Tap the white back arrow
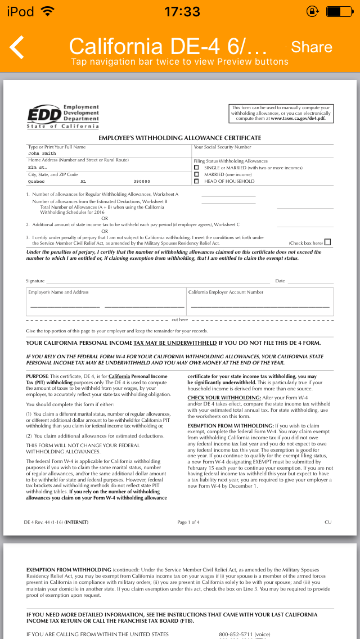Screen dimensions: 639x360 (x=17, y=47)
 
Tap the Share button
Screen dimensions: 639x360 (x=312, y=47)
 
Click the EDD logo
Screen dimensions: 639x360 (x=63, y=116)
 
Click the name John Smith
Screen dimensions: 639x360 (x=42, y=153)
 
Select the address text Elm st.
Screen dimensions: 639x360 (x=38, y=167)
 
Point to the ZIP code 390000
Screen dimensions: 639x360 (x=142, y=182)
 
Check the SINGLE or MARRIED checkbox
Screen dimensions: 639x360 (x=196, y=168)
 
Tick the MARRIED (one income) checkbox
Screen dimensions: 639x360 (x=196, y=174)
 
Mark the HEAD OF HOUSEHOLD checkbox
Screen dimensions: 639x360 (x=196, y=181)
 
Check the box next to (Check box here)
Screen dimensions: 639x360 (x=328, y=242)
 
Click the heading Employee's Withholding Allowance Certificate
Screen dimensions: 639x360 (x=180, y=138)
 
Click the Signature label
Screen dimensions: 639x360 (x=35, y=281)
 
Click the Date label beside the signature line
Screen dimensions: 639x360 (x=280, y=281)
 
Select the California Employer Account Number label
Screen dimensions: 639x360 (x=226, y=292)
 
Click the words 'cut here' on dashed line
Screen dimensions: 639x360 (x=180, y=319)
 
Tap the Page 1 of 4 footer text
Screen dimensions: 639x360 (x=188, y=522)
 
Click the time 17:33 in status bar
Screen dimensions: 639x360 (x=182, y=11)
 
